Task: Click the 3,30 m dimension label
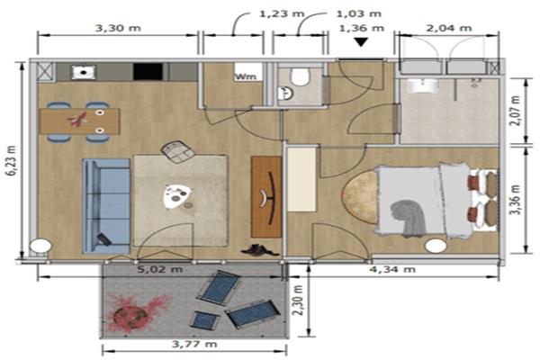pos(118,28)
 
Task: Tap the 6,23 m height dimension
pos(11,160)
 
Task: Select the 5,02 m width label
pos(160,269)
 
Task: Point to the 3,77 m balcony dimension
pos(194,344)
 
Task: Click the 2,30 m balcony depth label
pos(298,300)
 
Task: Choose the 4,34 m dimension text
pos(392,269)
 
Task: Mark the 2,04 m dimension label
pos(449,28)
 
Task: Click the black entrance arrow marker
pos(361,41)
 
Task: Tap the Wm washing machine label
pos(246,76)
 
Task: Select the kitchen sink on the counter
pos(84,72)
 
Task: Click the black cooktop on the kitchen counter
pos(148,72)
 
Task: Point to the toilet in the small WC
pos(300,76)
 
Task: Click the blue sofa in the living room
pos(106,206)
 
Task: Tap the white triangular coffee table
pos(177,196)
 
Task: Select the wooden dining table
pos(80,121)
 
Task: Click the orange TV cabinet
pos(266,197)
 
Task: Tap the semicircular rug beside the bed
pos(360,197)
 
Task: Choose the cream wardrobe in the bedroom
pos(301,179)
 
